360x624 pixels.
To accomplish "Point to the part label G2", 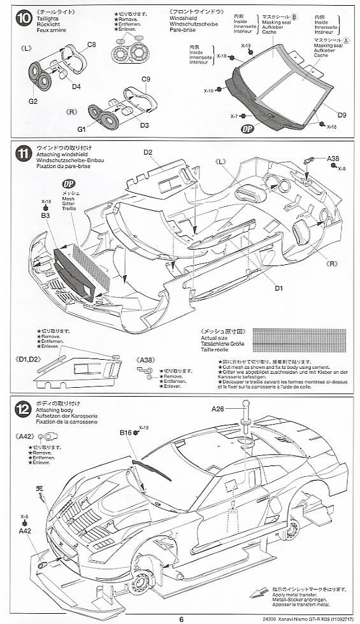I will point(33,101).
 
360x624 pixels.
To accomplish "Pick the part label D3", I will point(144,125).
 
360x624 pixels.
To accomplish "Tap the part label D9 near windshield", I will point(342,115).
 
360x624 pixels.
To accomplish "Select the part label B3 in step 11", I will point(45,216).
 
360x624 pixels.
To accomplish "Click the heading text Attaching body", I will point(55,412).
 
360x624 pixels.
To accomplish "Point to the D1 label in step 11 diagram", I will point(278,288).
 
